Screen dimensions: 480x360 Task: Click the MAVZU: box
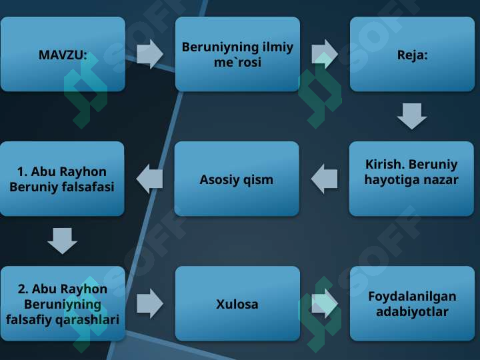(63, 54)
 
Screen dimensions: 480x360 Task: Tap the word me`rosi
(237, 63)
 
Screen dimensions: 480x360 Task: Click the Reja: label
(412, 55)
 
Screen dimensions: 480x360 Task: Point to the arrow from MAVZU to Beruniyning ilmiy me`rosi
(150, 54)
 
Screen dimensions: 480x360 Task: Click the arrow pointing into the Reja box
(325, 54)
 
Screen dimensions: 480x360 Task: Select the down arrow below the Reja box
(412, 116)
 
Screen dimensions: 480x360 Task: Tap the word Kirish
(382, 165)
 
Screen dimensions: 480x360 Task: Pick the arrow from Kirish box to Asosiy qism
(324, 179)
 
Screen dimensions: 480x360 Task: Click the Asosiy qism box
(237, 179)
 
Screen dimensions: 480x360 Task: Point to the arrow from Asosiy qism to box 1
(149, 179)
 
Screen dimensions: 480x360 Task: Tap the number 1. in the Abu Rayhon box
(23, 172)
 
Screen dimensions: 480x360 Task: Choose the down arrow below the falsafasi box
(63, 241)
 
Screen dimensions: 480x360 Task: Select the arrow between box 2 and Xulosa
(150, 304)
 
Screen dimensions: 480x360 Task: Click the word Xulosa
(237, 304)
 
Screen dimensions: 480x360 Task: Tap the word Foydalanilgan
(412, 297)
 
